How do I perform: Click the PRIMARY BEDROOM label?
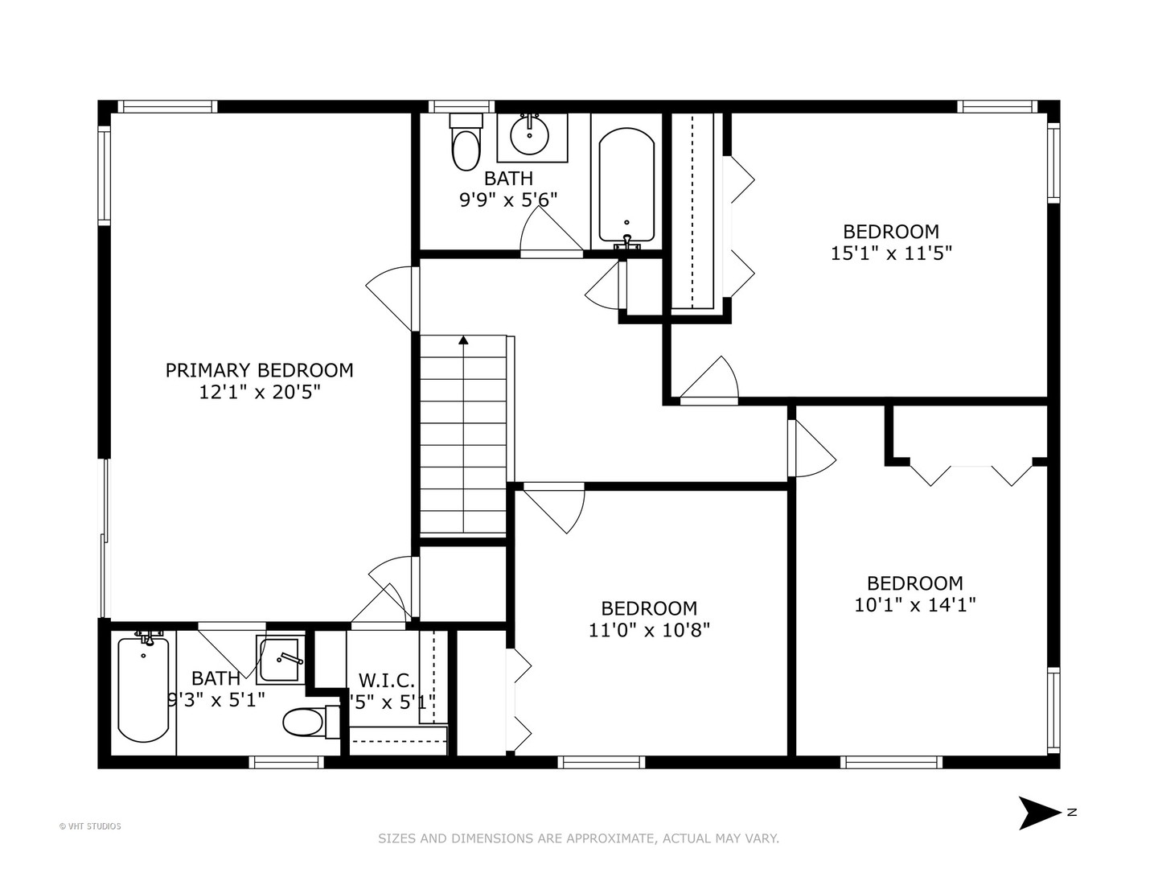pos(259,370)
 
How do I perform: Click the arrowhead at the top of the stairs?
pos(464,340)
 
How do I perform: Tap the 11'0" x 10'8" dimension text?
pos(649,630)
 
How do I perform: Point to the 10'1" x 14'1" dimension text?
pos(914,605)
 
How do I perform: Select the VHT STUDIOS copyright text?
pos(90,826)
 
